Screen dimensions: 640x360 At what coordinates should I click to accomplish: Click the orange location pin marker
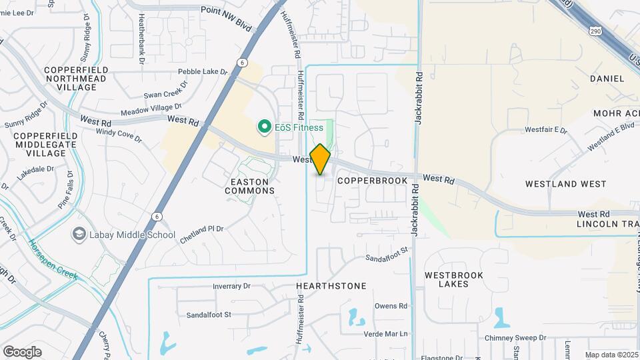click(x=320, y=159)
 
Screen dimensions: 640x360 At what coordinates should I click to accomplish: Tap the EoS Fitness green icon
click(x=264, y=127)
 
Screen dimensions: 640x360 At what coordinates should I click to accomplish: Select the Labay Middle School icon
click(x=79, y=235)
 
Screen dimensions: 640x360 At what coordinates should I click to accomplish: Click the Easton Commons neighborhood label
click(x=249, y=186)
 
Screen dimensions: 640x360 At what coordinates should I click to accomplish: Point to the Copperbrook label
click(x=372, y=181)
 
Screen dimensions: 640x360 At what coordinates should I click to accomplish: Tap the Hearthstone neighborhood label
click(x=331, y=286)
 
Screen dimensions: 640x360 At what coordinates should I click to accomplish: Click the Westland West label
click(x=565, y=183)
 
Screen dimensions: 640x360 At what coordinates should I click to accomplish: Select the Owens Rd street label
click(x=391, y=306)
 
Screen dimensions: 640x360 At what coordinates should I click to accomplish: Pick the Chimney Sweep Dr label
click(x=515, y=338)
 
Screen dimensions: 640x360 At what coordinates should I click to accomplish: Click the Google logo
click(x=22, y=351)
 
